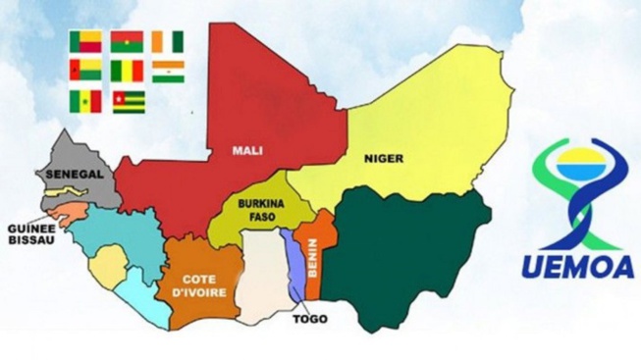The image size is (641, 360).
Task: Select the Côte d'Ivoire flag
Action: (x=168, y=42)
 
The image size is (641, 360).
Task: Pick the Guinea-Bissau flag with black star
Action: (x=85, y=72)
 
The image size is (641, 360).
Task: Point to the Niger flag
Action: (x=168, y=72)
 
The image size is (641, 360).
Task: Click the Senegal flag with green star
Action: (x=85, y=101)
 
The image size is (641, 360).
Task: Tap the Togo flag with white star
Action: (x=128, y=101)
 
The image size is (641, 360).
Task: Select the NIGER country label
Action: (x=384, y=158)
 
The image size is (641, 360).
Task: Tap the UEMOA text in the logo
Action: (x=576, y=264)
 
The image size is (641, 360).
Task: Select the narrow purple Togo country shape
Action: (x=294, y=265)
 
